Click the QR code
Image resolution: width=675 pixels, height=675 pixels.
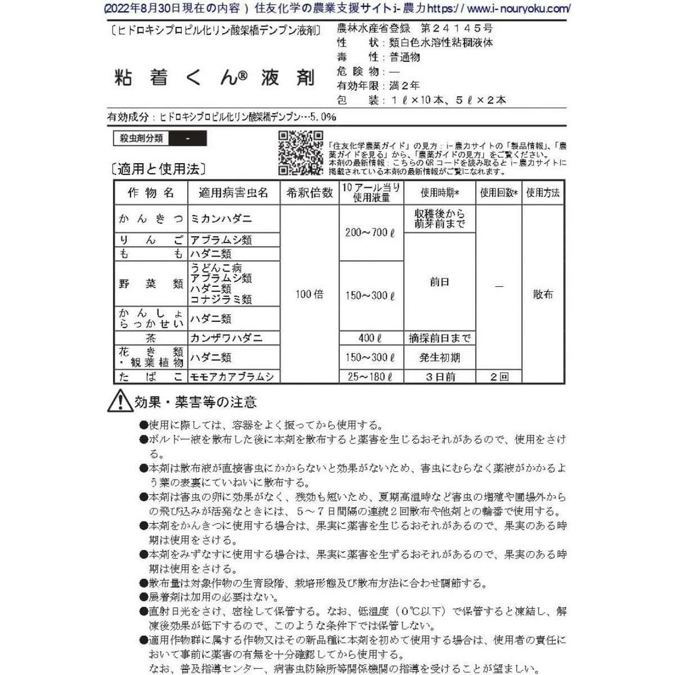pos(299,152)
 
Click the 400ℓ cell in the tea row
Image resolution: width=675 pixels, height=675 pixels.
pos(371,338)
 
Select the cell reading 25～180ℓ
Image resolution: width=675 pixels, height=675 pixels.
pos(371,376)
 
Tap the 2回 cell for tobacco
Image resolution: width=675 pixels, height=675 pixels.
pos(498,376)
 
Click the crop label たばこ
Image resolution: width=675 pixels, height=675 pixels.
pos(151,376)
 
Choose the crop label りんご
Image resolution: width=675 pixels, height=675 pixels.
pos(151,239)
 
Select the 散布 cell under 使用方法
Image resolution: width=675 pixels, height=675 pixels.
pos(542,294)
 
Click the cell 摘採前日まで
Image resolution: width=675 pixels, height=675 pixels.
pos(439,338)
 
